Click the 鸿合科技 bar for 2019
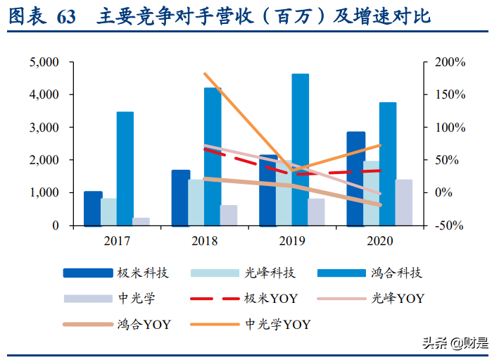[301, 149]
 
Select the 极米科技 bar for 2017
[93, 209]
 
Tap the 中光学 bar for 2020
[403, 202]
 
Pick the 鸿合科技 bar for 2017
[125, 168]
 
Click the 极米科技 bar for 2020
[355, 178]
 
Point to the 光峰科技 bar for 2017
[109, 212]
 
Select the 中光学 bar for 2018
[229, 215]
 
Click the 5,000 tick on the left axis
[44, 62]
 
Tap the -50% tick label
[449, 225]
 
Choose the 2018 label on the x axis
[205, 241]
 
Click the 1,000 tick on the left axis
[44, 192]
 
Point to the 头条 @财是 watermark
[454, 343]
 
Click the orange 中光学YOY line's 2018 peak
[204, 73]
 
